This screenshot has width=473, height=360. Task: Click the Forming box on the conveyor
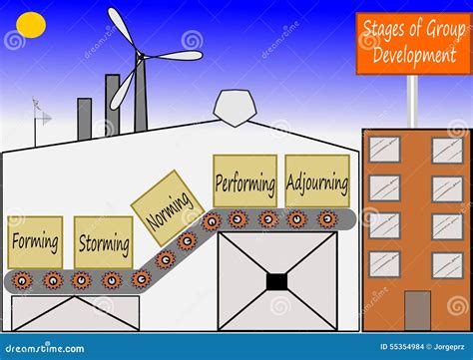pyautogui.click(x=35, y=241)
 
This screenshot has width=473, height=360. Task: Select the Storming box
pyautogui.click(x=103, y=242)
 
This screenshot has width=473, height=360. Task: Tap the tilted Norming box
pyautogui.click(x=167, y=207)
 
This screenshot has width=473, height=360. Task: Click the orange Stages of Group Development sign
pyautogui.click(x=413, y=44)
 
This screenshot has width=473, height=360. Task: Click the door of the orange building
pyautogui.click(x=417, y=310)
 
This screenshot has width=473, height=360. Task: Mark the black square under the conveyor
pyautogui.click(x=276, y=281)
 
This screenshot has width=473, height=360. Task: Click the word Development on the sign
pyautogui.click(x=413, y=56)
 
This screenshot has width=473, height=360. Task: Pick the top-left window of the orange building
pyautogui.click(x=384, y=150)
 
